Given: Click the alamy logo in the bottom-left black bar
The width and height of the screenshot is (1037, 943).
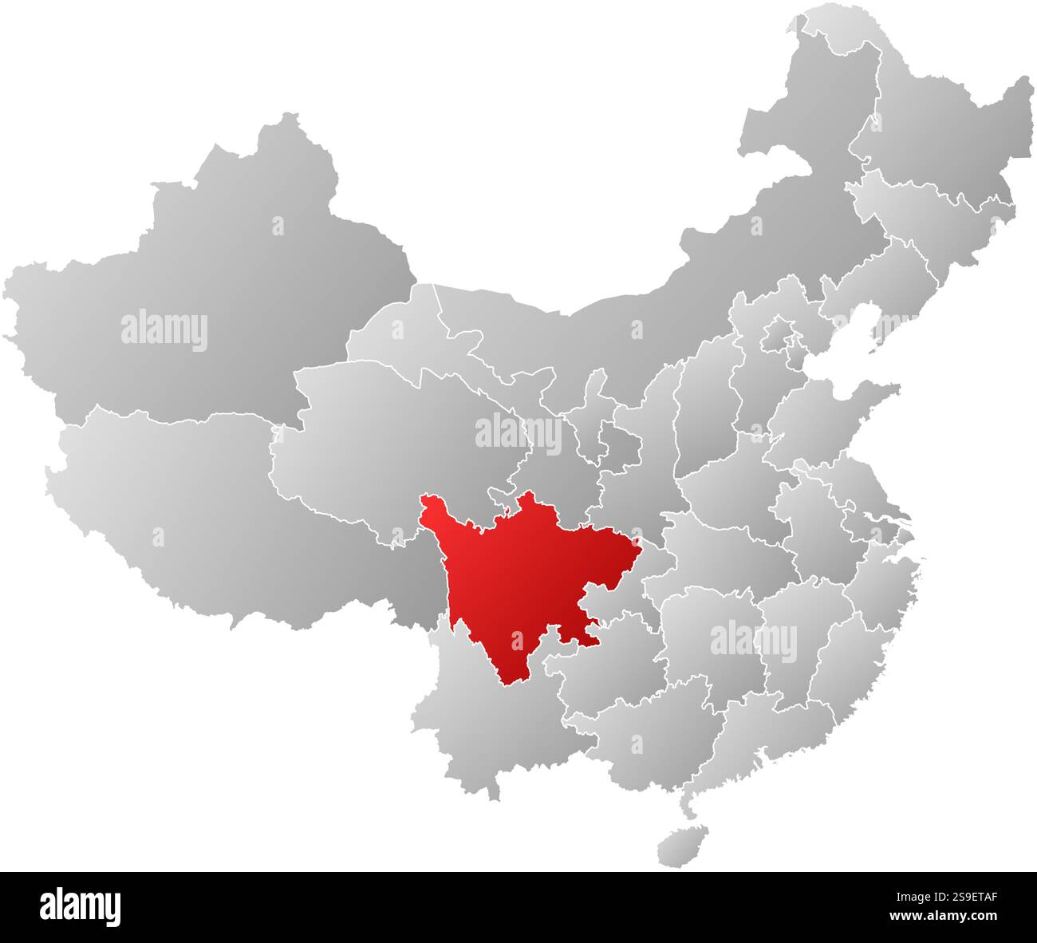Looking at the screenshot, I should tap(81, 907).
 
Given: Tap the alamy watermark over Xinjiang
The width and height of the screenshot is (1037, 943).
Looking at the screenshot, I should tap(164, 331).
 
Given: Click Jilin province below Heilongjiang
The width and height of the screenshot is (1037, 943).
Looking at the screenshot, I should tap(933, 207).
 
